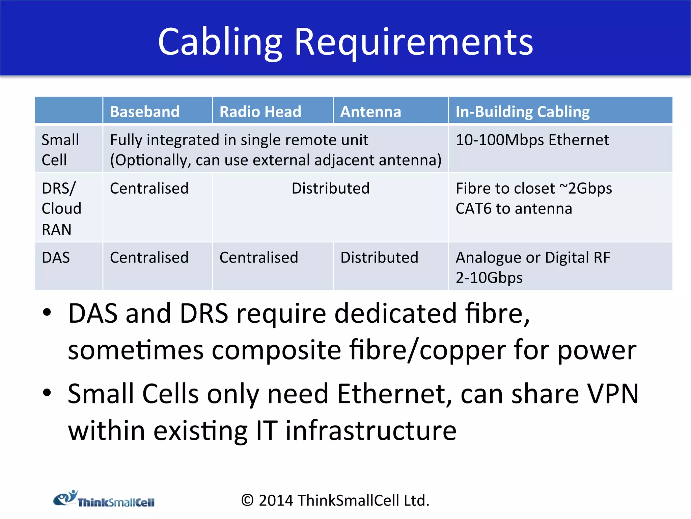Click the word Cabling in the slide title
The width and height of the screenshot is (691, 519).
[220, 42]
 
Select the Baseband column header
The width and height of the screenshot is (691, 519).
[145, 112]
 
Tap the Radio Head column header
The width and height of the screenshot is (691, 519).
[260, 112]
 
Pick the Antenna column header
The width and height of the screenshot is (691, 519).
[370, 112]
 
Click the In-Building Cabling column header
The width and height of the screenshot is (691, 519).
[522, 112]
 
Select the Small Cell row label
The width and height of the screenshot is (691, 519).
[60, 150]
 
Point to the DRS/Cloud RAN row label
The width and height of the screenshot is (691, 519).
[61, 208]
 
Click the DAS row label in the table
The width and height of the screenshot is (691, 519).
[56, 258]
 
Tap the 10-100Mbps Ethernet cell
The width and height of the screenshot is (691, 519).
[532, 140]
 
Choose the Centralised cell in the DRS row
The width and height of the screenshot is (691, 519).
[149, 189]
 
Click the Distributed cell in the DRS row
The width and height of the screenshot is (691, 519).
[330, 189]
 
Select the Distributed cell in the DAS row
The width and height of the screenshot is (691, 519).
[379, 258]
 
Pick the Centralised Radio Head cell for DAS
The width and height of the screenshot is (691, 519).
[259, 258]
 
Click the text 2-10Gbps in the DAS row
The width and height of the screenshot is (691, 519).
[489, 278]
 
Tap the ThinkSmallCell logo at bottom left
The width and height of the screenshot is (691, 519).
[104, 499]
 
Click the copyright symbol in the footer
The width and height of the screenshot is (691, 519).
[247, 500]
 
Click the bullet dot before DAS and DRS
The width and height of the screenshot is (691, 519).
[47, 312]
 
